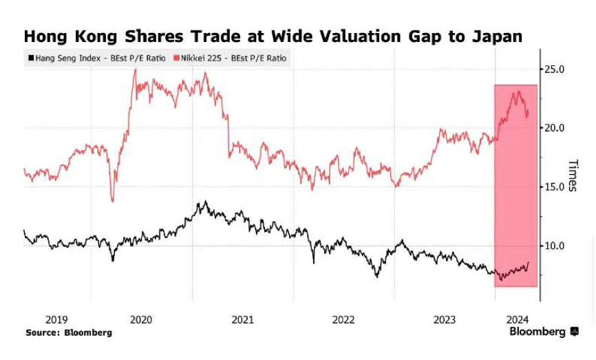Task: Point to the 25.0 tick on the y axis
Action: [555, 70]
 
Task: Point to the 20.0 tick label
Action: [555, 128]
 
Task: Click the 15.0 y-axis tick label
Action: [555, 187]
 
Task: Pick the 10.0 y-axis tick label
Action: [555, 246]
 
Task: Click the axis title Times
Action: [571, 176]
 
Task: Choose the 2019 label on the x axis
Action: [56, 319]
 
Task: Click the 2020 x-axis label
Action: [140, 319]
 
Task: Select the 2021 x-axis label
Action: [242, 319]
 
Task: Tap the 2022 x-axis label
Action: [343, 319]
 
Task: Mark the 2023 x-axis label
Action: [444, 319]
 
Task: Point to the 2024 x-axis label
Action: [517, 319]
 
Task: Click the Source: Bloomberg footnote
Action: [69, 332]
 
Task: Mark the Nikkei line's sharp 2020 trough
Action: [112, 200]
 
